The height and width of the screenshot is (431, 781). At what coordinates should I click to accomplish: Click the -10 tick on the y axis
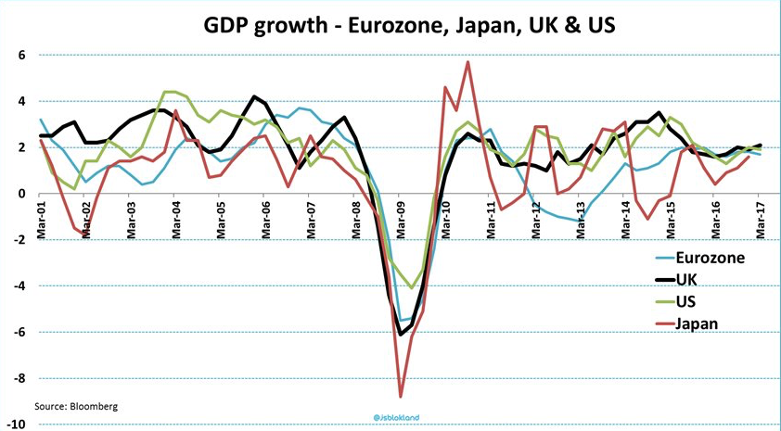point(17,425)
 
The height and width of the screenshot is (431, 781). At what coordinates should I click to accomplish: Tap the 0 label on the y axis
point(20,194)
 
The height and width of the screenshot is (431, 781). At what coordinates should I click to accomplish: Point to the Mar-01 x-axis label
point(42,221)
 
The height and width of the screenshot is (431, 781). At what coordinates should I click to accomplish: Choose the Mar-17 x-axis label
point(760,221)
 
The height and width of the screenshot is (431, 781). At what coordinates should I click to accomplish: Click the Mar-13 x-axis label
point(580,221)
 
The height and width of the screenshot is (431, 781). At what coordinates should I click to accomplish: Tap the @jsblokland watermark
point(396,417)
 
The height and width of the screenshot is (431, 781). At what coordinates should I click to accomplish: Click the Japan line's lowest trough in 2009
point(401,396)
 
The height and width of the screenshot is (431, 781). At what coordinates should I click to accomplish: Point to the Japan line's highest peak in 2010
point(467,62)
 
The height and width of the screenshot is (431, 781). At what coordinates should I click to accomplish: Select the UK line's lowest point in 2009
point(401,335)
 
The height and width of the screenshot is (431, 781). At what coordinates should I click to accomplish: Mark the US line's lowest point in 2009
point(412,288)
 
